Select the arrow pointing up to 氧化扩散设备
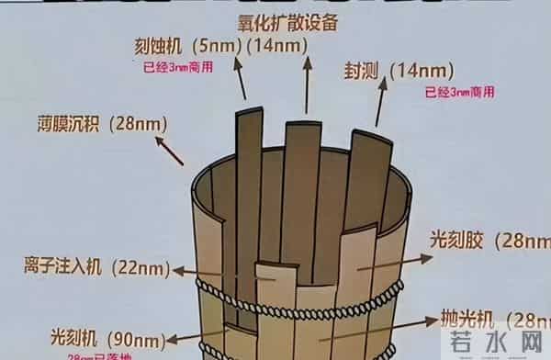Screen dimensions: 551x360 (306, 73)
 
